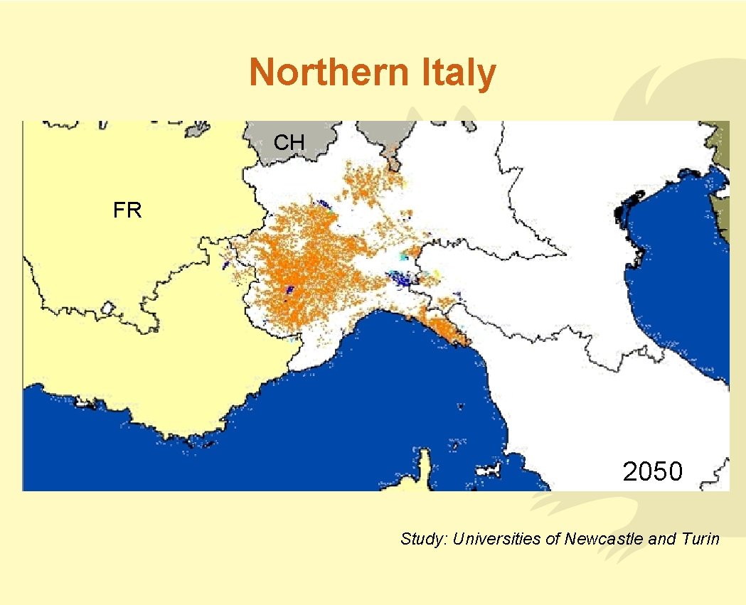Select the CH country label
[289, 143]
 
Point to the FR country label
[127, 210]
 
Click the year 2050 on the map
[652, 471]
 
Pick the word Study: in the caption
[424, 539]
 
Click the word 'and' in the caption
[661, 539]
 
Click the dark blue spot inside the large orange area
[289, 289]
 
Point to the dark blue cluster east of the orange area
[403, 277]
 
